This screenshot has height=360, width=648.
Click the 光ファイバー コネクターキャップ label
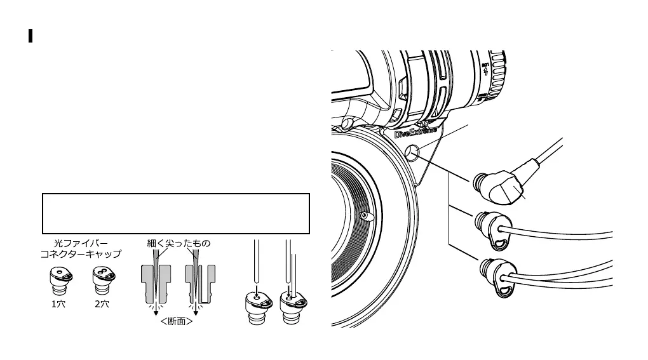[80, 248]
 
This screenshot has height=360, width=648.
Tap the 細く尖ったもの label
[179, 243]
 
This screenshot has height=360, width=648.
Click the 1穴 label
[58, 304]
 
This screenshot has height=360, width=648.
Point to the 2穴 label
[102, 304]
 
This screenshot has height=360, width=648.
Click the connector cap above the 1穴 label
[58, 279]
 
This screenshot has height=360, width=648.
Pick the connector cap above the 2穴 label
[102, 279]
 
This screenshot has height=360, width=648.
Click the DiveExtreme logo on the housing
[416, 132]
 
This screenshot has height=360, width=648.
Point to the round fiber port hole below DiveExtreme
[412, 152]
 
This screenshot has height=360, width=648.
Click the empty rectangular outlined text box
[176, 214]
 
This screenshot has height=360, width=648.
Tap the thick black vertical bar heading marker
[30, 36]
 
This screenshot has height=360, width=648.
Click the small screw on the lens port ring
[364, 216]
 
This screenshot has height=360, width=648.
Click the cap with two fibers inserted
[290, 302]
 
